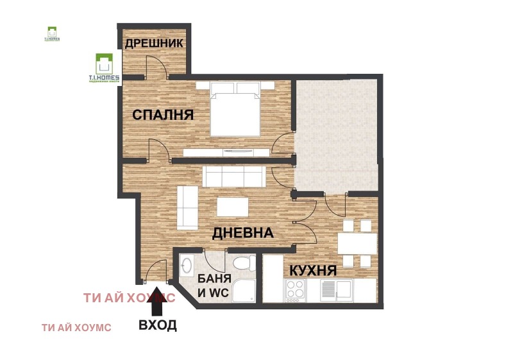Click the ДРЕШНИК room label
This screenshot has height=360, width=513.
[x=154, y=44]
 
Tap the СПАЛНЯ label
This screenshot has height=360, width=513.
[x=163, y=115]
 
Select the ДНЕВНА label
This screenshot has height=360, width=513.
[x=243, y=233]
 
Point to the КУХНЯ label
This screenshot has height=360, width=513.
[x=312, y=270]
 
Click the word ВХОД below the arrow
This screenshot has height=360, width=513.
[x=158, y=325]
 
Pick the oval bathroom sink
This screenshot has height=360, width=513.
[x=188, y=266]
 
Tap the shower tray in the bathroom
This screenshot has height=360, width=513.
[x=244, y=291]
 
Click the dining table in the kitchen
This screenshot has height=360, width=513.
[x=357, y=243]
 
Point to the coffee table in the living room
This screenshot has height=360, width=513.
[x=232, y=207]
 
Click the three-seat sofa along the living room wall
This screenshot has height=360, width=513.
[x=232, y=176]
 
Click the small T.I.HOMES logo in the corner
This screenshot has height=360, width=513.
[x=52, y=33]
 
